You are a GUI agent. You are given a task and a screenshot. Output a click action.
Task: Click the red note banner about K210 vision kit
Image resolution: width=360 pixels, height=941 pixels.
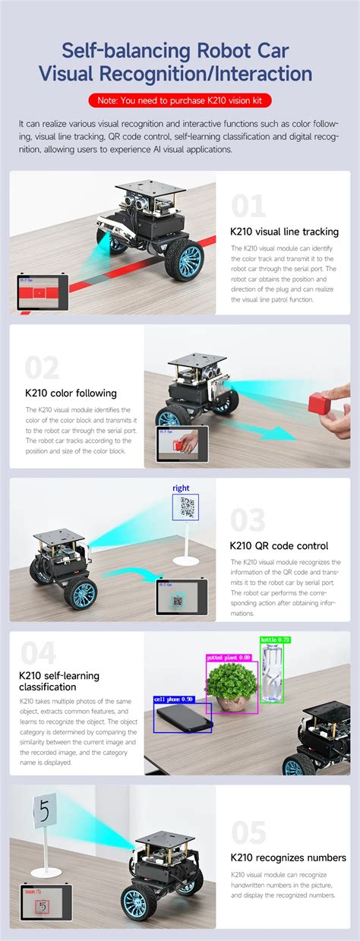tap(180, 100)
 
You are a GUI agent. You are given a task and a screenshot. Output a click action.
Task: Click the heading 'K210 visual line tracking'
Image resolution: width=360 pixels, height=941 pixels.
tap(284, 232)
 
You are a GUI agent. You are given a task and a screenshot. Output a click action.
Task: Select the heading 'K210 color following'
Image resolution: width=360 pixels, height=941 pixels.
tap(71, 393)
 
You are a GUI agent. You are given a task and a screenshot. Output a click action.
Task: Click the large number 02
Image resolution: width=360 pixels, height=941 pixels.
tap(42, 368)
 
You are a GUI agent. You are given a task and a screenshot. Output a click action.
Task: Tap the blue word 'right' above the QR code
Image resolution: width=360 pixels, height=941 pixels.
tap(181, 488)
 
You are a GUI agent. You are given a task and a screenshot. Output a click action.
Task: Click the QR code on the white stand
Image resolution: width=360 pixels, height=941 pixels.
tap(185, 507)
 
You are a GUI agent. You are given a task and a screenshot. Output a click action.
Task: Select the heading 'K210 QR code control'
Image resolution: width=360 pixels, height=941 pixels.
tap(279, 545)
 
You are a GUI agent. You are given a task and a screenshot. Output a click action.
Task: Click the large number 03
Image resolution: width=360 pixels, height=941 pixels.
tap(248, 520)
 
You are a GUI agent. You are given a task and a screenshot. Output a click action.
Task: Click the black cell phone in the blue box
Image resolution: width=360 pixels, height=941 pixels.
tap(184, 716)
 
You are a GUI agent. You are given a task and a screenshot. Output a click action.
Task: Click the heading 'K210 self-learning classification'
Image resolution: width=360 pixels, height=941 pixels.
tap(59, 681)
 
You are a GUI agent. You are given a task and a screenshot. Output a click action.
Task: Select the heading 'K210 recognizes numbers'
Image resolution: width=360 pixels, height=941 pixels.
tap(288, 857)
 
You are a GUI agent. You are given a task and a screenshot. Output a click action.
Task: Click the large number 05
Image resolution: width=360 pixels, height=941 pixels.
tap(249, 832)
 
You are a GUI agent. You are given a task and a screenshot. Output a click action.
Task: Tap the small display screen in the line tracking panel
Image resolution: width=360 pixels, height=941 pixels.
tap(43, 292)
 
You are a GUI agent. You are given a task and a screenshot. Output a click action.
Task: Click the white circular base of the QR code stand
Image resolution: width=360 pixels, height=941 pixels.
tap(185, 561)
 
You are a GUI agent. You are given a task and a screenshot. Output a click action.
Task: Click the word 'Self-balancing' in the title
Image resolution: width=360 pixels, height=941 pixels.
tap(115, 52)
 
